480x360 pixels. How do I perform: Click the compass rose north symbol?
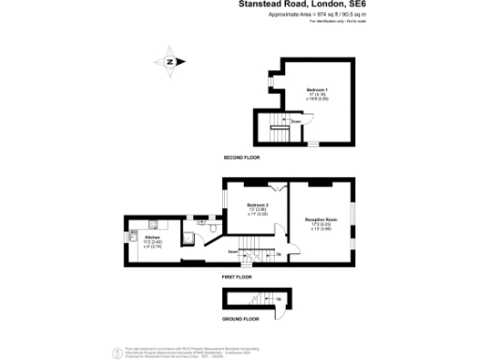(170, 62)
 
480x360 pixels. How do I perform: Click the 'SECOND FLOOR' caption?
(241, 157)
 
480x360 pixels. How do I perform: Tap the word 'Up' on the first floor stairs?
(278, 254)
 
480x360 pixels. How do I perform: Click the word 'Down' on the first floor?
(232, 251)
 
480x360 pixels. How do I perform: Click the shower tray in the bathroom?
(188, 237)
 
